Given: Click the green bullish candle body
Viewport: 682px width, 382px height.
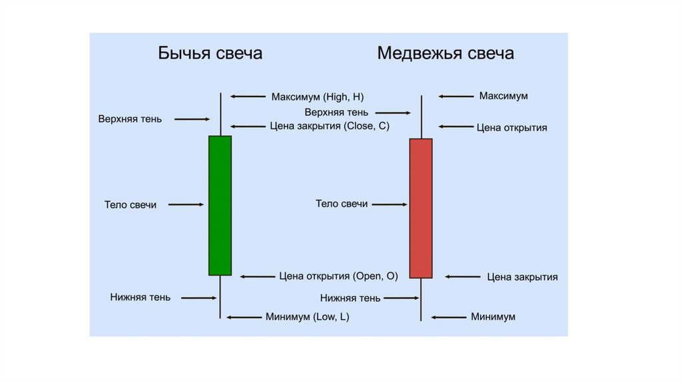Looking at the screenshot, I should tap(220, 205).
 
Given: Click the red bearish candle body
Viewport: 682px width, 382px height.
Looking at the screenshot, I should tap(420, 208).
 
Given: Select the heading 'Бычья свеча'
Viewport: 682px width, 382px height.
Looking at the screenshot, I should tap(210, 53).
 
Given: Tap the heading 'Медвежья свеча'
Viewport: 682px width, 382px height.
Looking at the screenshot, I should tap(445, 53).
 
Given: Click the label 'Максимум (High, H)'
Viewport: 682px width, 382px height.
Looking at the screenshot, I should tap(318, 96).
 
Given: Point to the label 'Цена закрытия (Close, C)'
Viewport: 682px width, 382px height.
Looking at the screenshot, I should tap(330, 126).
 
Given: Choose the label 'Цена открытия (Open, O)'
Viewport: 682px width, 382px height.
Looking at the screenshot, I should tap(338, 276).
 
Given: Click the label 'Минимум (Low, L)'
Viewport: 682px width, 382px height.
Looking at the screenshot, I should tap(307, 317).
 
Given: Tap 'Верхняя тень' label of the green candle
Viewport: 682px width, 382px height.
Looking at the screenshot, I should tap(130, 119).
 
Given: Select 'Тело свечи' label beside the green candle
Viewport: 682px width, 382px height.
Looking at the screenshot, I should tap(131, 205).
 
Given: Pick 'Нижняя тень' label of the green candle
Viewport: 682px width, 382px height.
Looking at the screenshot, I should tap(140, 297).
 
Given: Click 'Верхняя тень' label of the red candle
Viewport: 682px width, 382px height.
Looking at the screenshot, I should tap(336, 112).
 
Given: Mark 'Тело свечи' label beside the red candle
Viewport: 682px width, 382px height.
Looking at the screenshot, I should tap(342, 204).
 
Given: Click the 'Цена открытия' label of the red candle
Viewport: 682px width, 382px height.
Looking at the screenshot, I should tap(511, 127).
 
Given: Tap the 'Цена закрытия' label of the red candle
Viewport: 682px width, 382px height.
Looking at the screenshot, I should tap(522, 277).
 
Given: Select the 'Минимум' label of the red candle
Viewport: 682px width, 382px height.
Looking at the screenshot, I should tap(493, 317).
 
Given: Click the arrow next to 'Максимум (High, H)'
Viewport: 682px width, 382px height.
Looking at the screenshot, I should tap(248, 96).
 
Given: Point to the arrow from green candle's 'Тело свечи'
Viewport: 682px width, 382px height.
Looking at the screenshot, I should tap(186, 205).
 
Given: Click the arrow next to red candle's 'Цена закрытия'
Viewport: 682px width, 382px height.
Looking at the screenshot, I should tap(462, 276).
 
